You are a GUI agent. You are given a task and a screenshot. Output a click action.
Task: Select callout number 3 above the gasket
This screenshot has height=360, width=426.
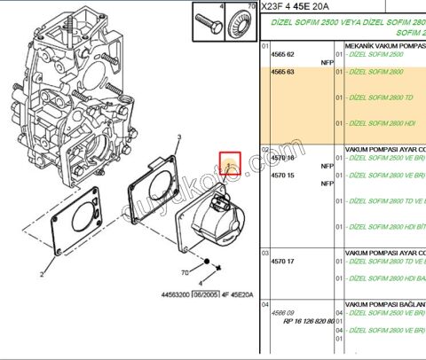coord(178,137)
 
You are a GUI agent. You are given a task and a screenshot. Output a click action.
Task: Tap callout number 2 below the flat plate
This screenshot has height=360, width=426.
coord(41,264)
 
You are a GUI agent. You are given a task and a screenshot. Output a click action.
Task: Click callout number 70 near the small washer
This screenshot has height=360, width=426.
coord(185,273)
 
